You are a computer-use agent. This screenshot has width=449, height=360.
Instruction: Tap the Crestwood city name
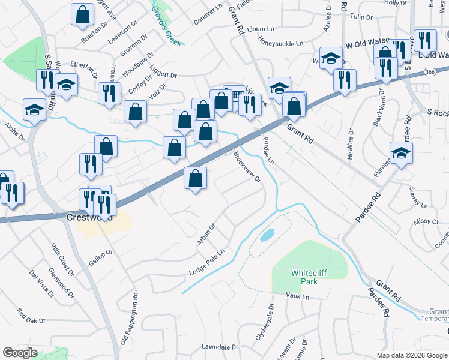click(x=90, y=217)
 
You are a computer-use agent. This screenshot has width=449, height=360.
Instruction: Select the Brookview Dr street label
click(x=247, y=167)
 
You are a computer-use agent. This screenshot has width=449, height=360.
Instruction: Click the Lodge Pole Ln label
click(x=208, y=262)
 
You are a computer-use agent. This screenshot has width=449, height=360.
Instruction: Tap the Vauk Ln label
click(x=297, y=296)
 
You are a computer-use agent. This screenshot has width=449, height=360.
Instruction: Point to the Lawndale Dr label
click(x=220, y=347)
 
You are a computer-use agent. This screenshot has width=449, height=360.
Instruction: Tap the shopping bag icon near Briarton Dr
click(x=83, y=14)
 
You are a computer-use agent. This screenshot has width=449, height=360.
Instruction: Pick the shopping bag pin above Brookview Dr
click(x=195, y=178)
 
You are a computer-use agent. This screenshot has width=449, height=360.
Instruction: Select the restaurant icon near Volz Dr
click(x=110, y=93)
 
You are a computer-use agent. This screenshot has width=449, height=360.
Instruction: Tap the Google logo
click(x=20, y=353)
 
